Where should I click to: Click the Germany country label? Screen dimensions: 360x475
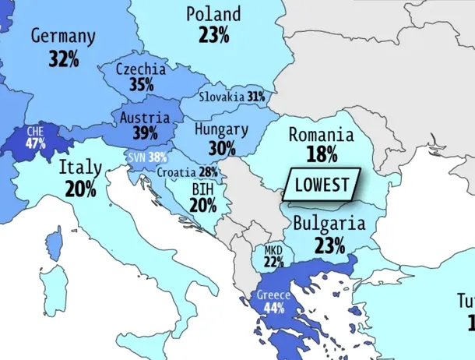tap(63, 37)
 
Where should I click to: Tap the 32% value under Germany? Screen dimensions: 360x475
tap(63, 58)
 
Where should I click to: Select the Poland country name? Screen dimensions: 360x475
tap(213, 14)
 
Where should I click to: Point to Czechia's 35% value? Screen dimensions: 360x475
tap(141, 85)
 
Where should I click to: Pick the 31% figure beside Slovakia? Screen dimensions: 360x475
tap(256, 97)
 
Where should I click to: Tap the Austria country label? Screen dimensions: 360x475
tap(145, 118)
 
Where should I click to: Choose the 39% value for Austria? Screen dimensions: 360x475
tap(145, 133)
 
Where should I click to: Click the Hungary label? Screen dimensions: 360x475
tap(221, 129)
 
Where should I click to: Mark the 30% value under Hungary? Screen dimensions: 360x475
tap(221, 146)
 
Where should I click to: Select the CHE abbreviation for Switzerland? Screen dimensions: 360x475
tap(35, 132)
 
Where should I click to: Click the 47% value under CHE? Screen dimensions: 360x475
tap(35, 143)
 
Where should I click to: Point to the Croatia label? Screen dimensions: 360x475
tap(176, 172)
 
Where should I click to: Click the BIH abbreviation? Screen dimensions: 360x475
tap(202, 189)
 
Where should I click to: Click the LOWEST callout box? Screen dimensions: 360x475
tap(322, 185)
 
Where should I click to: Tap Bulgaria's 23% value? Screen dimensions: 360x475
tap(329, 245)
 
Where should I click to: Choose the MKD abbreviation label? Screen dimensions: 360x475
tap(273, 250)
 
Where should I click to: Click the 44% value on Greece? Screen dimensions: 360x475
tap(273, 308)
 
